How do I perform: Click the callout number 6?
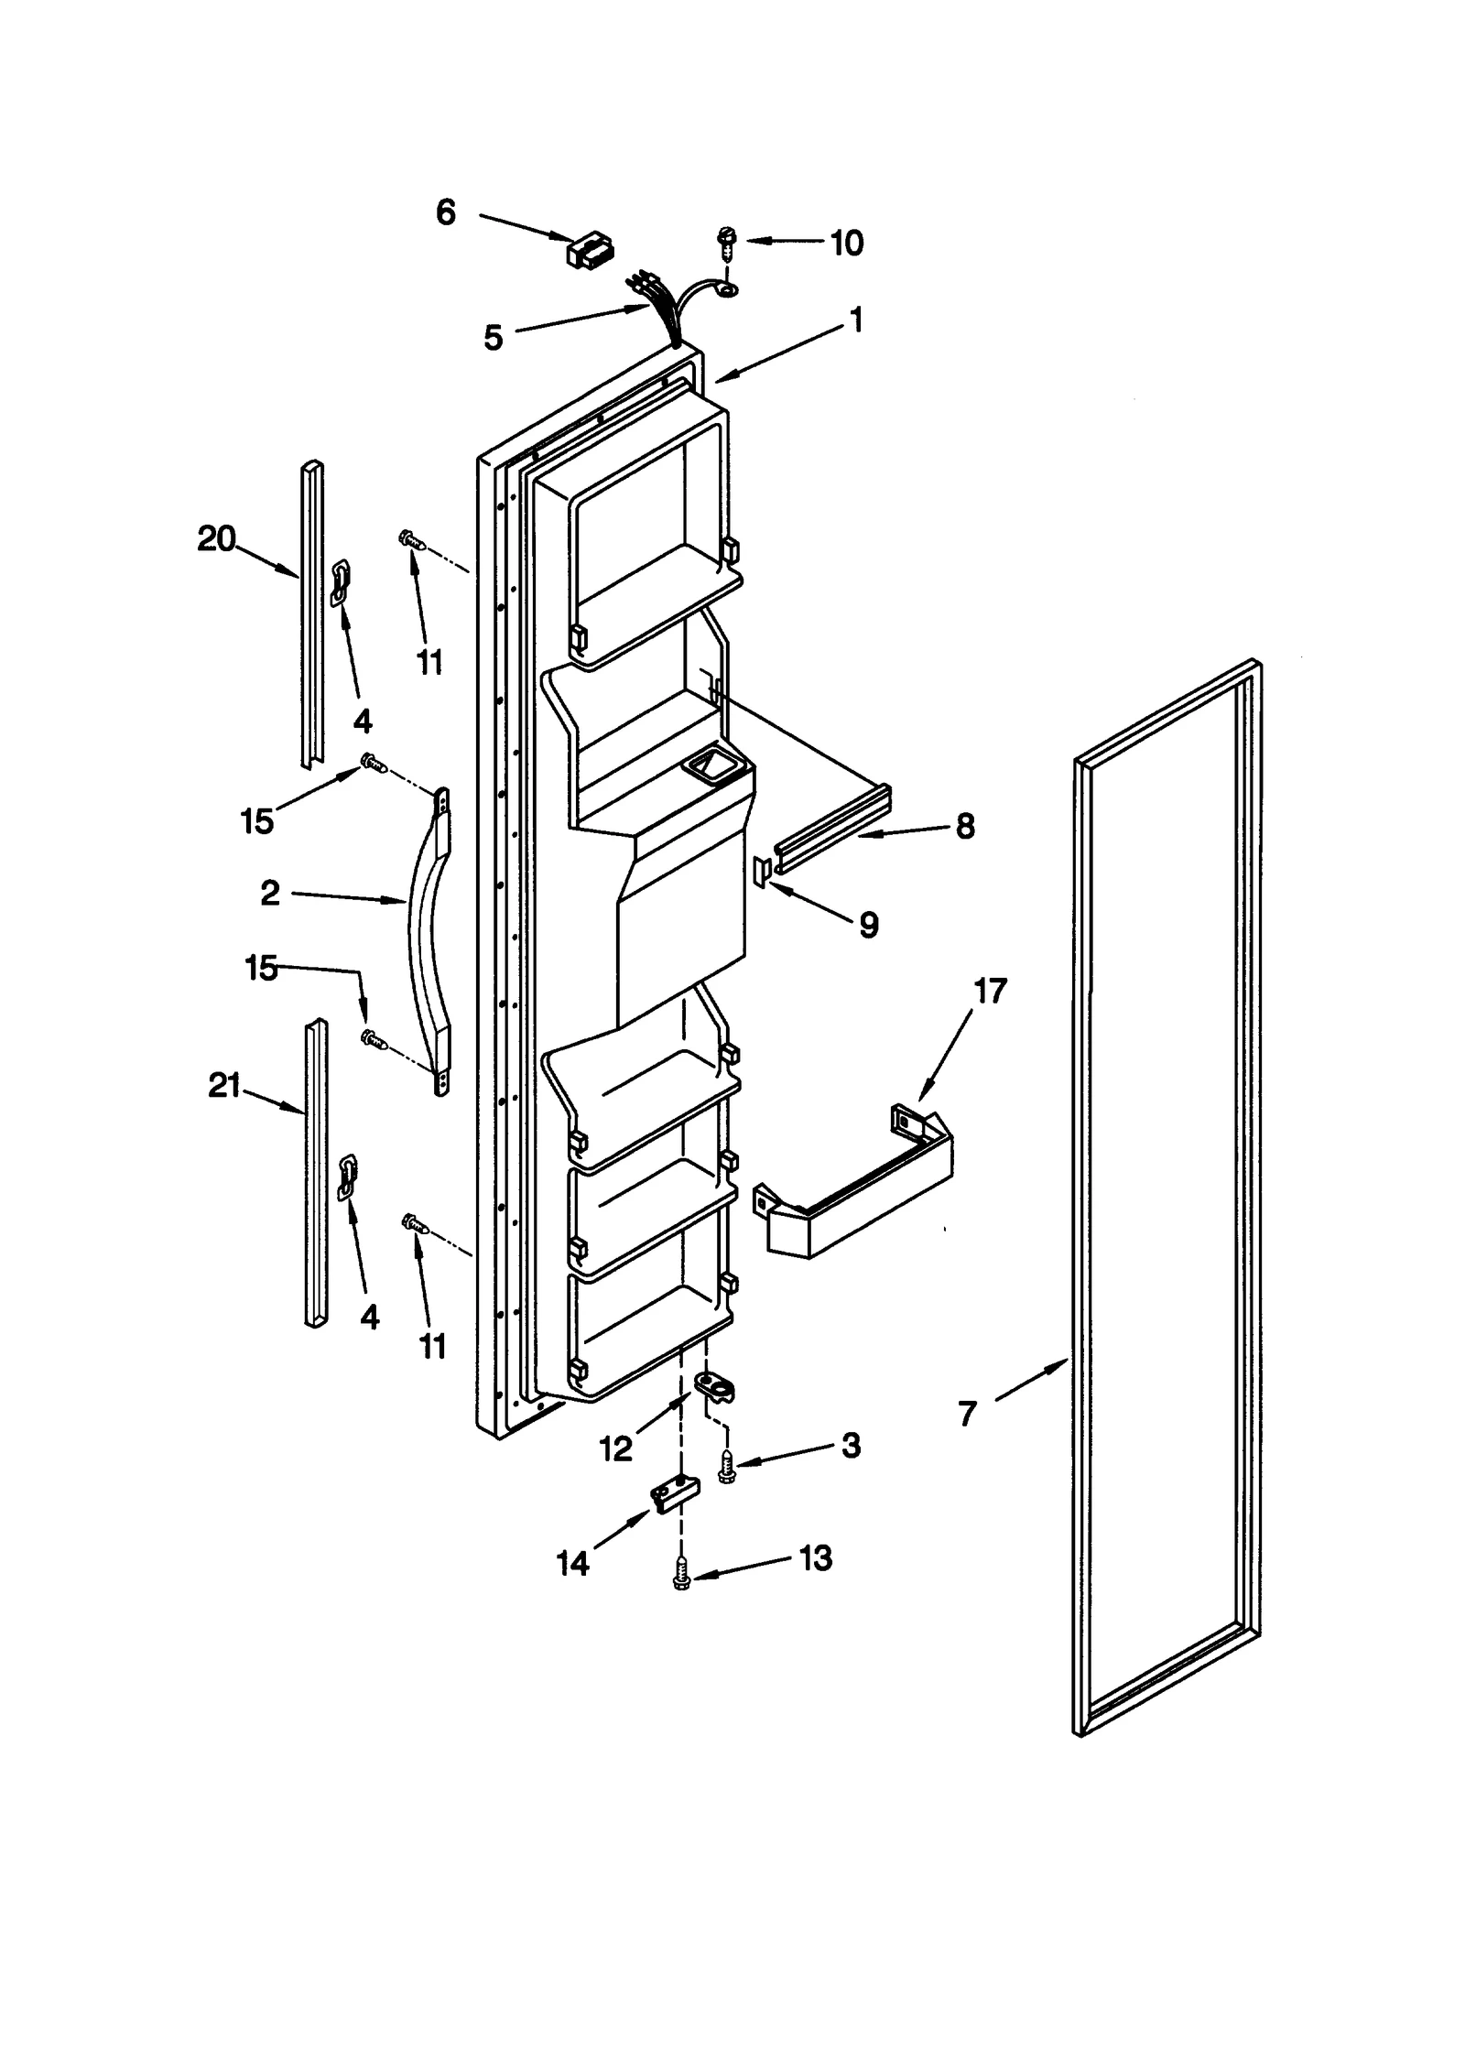point(445,213)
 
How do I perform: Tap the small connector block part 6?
point(591,250)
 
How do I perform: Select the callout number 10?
point(846,244)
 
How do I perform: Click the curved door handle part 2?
point(425,943)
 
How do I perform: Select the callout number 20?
point(216,538)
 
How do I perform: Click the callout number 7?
point(968,1415)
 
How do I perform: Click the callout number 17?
point(990,991)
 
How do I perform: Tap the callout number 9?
point(868,925)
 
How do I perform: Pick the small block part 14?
point(674,1496)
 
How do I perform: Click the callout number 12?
point(615,1448)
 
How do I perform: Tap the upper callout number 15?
point(256,820)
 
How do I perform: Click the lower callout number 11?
point(432,1345)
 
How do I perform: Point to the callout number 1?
point(855,320)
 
